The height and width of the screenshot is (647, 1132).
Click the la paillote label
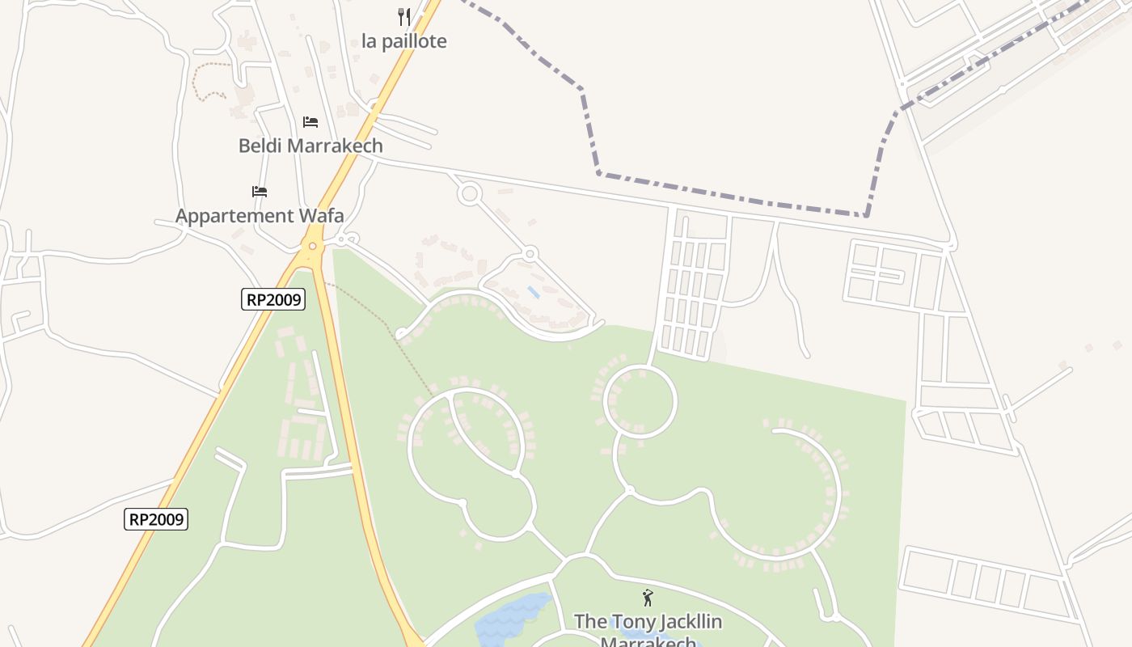403,41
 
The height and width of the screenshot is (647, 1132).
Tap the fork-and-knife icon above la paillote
403,16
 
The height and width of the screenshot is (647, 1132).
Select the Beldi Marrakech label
310,146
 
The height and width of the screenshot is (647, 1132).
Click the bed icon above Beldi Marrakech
310,122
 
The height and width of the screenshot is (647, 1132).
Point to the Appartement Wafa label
260,216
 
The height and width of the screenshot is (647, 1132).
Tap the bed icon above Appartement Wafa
260,192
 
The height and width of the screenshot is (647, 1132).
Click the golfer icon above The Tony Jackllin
648,598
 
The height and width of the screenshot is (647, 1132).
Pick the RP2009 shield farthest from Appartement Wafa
156,519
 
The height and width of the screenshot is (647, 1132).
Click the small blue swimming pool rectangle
534,291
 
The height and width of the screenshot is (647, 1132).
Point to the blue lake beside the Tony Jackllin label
509,619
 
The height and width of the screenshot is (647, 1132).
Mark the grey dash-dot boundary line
728,195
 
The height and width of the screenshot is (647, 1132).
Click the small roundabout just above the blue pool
530,254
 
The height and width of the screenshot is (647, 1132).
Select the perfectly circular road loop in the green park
640,402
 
